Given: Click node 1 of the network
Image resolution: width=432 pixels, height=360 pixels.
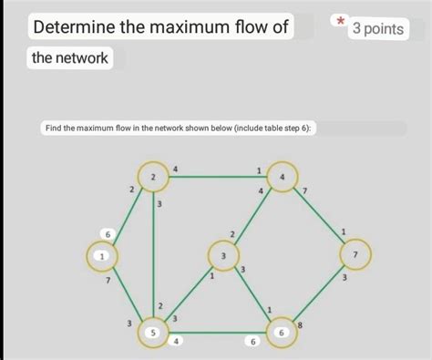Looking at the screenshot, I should pos(104,256).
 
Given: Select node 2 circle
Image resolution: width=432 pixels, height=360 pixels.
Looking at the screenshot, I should pos(153,176).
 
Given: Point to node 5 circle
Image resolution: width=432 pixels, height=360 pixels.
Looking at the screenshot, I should pos(154,334).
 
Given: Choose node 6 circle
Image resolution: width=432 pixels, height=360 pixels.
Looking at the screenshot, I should pos(283,334).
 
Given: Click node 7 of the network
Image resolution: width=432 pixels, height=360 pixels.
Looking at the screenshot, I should pos(356,254).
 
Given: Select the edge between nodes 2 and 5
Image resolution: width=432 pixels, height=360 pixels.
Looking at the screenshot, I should pos(154,255).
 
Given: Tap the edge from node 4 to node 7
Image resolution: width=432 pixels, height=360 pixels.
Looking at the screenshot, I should pos(320,216).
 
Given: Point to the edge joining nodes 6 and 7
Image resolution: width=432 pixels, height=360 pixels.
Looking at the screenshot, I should pos(320,294).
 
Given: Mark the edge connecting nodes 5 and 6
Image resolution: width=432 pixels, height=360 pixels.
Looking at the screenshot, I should pos(219,334).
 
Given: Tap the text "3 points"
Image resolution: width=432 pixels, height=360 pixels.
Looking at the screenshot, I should pos(377,29).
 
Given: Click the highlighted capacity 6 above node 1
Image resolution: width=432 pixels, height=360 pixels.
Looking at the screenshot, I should pos(107,234).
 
